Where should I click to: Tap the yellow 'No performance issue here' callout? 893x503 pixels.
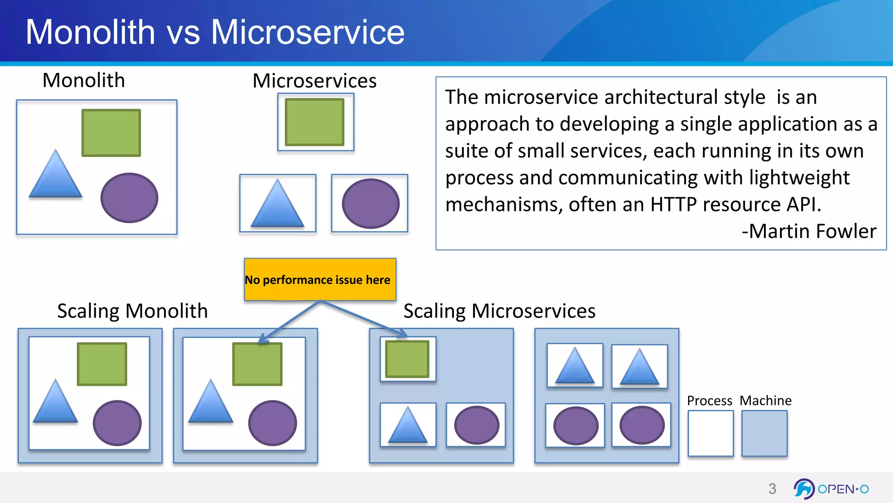pos(320,279)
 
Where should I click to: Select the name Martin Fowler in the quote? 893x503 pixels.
pos(812,231)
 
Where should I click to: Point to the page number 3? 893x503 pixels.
pos(772,489)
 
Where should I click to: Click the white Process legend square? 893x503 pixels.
pos(710,433)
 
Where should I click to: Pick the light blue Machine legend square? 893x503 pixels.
pos(764,433)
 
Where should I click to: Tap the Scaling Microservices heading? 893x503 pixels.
pos(499,311)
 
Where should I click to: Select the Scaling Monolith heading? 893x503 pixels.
pos(132,311)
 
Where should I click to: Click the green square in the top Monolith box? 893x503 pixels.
pos(111,133)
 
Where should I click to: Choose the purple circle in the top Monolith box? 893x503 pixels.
pos(129,198)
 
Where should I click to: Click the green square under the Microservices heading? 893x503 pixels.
pos(314,122)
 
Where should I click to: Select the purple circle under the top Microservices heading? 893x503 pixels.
pos(370,203)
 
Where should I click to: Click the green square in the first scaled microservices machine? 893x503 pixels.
pos(407,359)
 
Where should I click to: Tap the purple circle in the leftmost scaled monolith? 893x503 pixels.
pos(117,423)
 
